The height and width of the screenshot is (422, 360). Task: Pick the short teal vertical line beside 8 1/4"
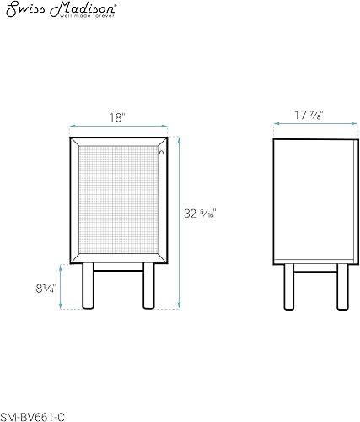(x=60, y=287)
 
